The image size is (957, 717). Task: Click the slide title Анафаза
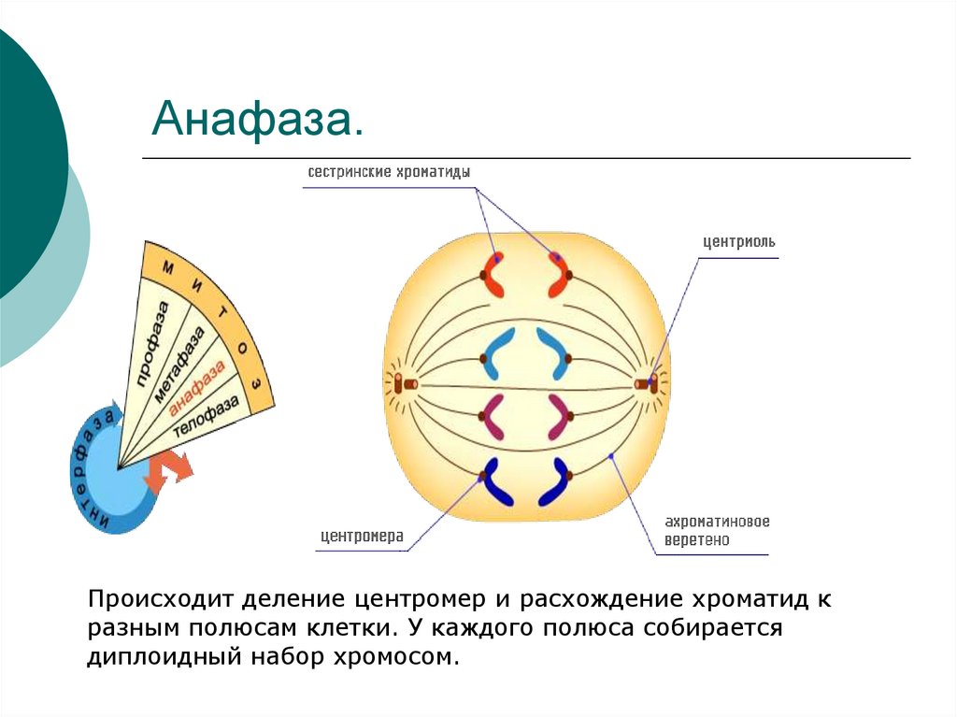(257, 121)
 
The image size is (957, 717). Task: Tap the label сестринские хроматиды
(389, 173)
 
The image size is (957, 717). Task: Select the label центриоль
(739, 241)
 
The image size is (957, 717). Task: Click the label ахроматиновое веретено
(717, 531)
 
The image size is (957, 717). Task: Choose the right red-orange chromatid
(558, 273)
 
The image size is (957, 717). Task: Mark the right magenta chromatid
(559, 417)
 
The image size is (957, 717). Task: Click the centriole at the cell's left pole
(405, 383)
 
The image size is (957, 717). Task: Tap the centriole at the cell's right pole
(645, 383)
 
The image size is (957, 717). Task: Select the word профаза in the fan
(152, 345)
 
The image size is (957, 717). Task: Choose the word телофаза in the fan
(207, 415)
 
